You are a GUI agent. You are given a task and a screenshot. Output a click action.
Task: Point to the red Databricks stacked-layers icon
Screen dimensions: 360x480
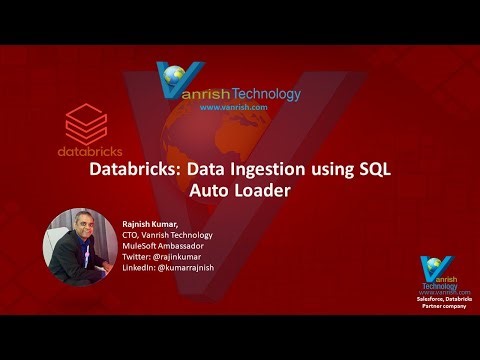coord(85,126)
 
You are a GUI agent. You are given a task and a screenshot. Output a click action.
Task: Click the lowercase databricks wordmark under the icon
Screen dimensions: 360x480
coord(85,154)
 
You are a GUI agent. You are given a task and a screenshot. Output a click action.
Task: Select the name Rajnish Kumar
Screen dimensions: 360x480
coord(151,223)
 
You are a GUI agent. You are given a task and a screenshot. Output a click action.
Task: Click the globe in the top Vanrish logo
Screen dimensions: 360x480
coord(179,76)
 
